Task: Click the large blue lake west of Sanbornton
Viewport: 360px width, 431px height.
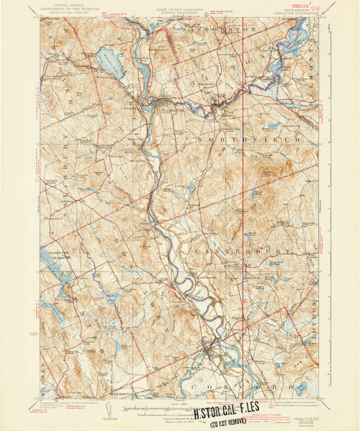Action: pyautogui.click(x=109, y=63)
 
